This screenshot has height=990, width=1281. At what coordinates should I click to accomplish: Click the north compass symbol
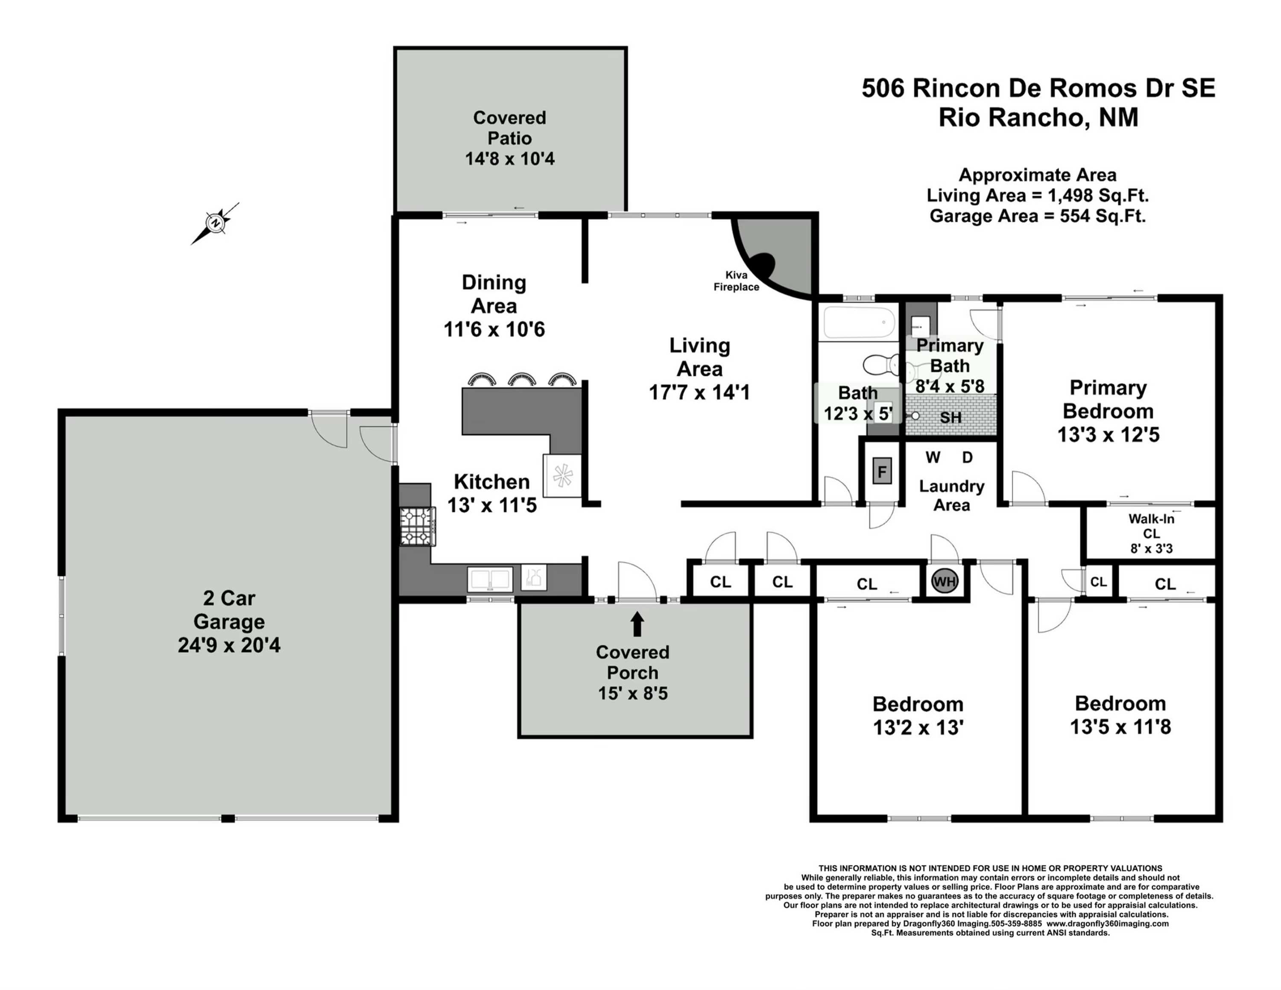pyautogui.click(x=216, y=223)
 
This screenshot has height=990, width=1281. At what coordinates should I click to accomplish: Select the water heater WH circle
pyautogui.click(x=945, y=582)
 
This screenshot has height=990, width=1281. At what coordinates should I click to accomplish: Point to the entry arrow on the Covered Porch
pyautogui.click(x=637, y=624)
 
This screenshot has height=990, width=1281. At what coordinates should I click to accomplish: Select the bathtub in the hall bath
pyautogui.click(x=859, y=323)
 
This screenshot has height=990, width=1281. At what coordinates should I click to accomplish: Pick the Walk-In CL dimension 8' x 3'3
pyautogui.click(x=1151, y=549)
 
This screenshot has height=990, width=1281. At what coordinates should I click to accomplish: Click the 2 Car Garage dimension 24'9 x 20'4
pyautogui.click(x=229, y=645)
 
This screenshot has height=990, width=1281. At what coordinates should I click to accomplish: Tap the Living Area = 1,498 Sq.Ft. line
pyautogui.click(x=1037, y=195)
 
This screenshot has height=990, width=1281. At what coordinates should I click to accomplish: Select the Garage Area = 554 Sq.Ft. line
pyautogui.click(x=1037, y=216)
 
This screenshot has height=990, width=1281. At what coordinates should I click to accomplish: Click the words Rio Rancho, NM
pyautogui.click(x=1038, y=117)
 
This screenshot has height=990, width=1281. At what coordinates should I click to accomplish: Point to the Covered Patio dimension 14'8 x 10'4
pyautogui.click(x=510, y=159)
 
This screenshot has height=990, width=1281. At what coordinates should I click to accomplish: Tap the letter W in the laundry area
pyautogui.click(x=933, y=457)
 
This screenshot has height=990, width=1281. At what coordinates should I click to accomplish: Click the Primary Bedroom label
pyautogui.click(x=1108, y=399)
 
